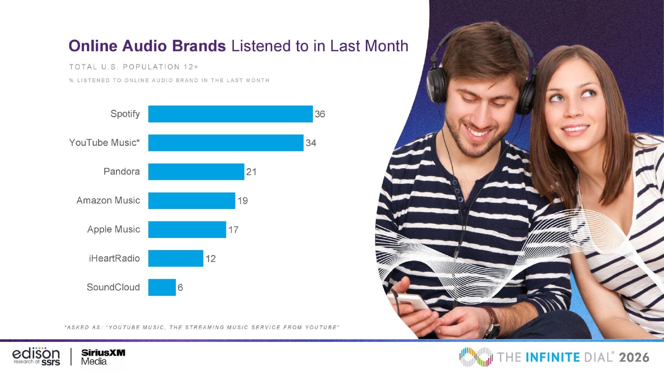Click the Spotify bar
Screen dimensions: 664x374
tap(231, 114)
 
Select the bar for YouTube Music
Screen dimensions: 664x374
tap(226, 143)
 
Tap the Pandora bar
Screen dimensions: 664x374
tap(196, 172)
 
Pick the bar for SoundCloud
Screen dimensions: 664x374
tap(162, 287)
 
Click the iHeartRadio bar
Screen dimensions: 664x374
tap(176, 258)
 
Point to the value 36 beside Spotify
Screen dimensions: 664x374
tap(320, 114)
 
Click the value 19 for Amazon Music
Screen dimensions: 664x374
tap(243, 201)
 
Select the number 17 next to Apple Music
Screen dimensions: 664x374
tap(233, 230)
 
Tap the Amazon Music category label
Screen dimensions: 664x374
tap(108, 200)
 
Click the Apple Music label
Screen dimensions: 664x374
tap(113, 230)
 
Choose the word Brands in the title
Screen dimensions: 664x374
tap(199, 46)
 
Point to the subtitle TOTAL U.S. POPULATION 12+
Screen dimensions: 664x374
tap(134, 67)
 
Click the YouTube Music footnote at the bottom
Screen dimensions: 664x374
tap(202, 327)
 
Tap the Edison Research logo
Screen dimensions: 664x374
tap(36, 356)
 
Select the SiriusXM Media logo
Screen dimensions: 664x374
tap(103, 357)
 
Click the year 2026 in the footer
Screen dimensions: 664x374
tap(634, 357)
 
